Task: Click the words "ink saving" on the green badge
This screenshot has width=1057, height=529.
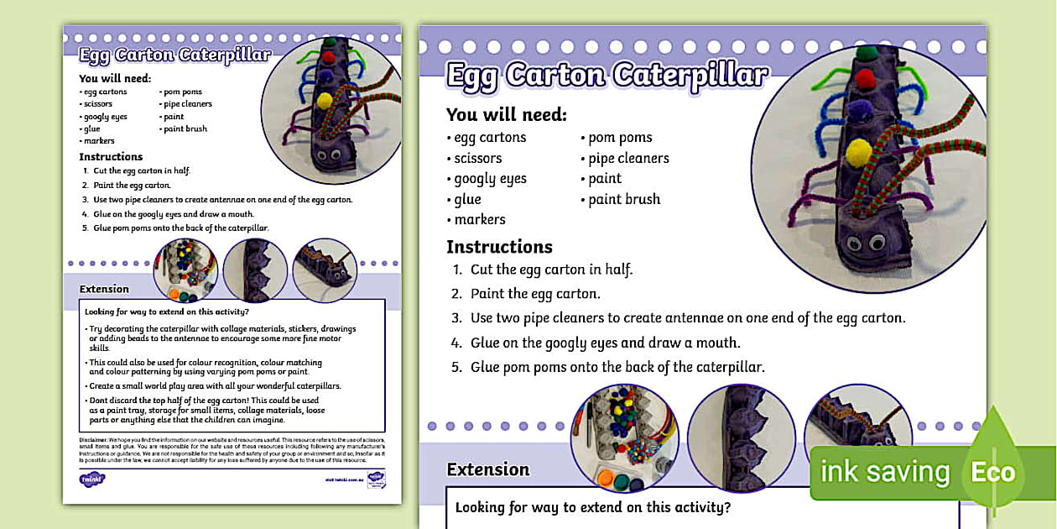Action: pos(885,472)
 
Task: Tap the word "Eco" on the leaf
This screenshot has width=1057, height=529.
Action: pos(993,472)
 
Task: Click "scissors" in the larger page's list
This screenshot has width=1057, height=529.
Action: pos(478,158)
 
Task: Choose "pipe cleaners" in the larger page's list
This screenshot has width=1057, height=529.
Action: pos(628,158)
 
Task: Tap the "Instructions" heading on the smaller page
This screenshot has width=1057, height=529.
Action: pos(111,157)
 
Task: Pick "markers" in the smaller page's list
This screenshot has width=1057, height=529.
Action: pos(98,141)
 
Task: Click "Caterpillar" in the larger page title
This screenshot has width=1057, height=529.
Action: pos(690,76)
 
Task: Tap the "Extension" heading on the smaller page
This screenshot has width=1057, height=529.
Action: pos(104,289)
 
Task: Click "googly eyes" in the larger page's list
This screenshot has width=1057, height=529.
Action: pos(490,179)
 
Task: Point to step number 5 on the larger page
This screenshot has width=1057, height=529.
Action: pos(457,367)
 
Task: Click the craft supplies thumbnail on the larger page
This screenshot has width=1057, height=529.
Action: pos(623,437)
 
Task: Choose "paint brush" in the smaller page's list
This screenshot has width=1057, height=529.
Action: pos(185,129)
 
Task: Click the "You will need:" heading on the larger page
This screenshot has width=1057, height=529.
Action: pos(506,115)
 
